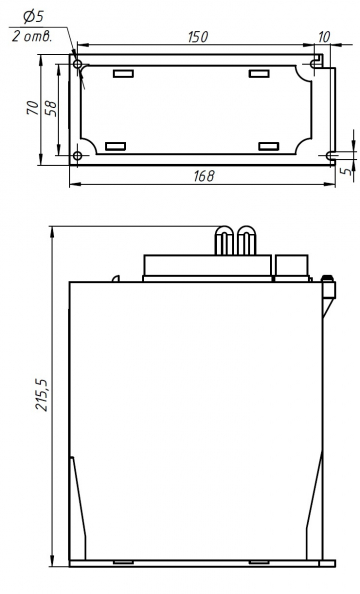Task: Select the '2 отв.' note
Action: point(33,36)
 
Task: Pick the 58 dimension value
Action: point(51,107)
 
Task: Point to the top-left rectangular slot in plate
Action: point(122,74)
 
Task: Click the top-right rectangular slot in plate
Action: point(260,74)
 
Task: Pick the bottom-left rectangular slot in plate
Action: point(115,146)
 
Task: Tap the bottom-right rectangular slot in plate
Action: point(268,146)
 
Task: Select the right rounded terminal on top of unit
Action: point(243,240)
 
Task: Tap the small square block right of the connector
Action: point(291,265)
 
